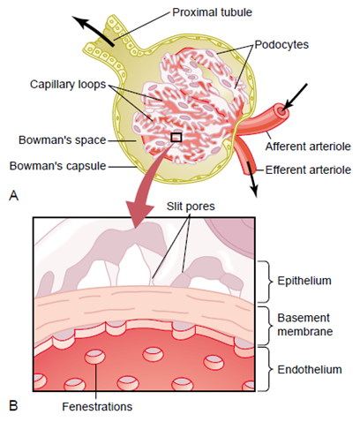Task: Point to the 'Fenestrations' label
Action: (96, 407)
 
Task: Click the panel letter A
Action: (12, 197)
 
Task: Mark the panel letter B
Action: (12, 406)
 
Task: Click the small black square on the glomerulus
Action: (176, 137)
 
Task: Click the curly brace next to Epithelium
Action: (264, 281)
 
